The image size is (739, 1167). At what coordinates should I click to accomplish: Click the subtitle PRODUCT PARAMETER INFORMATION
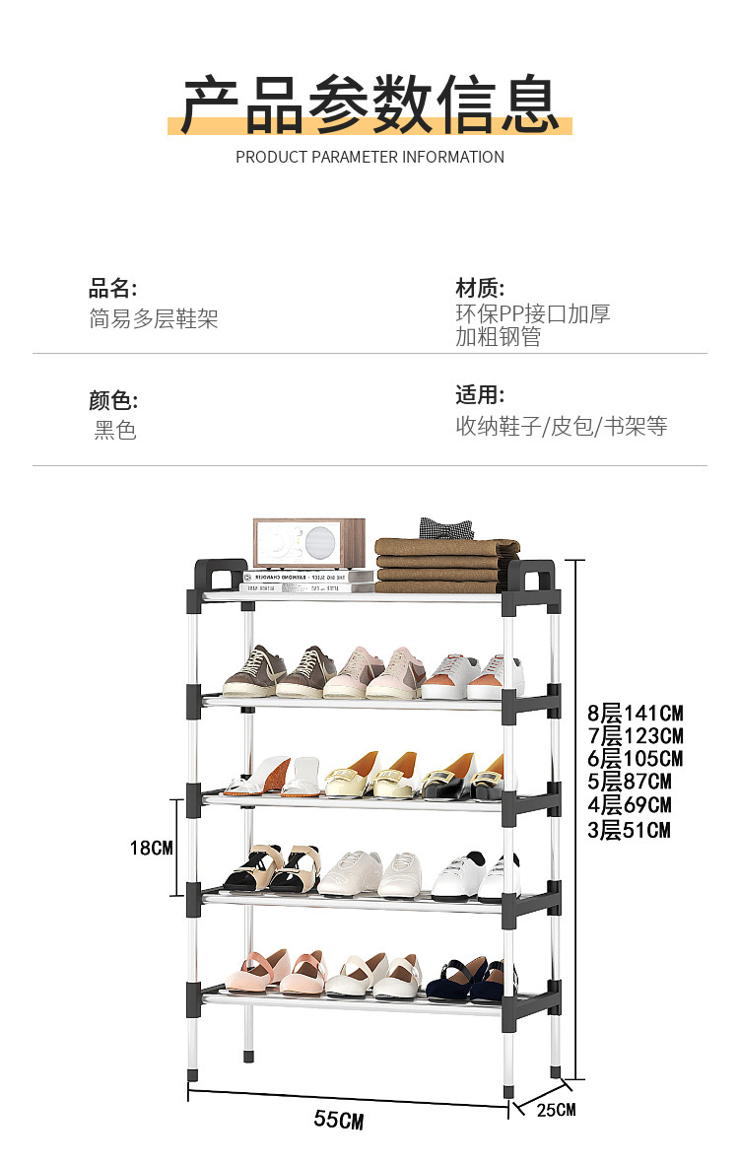(x=369, y=157)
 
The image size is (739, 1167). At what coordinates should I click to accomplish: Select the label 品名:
(x=113, y=289)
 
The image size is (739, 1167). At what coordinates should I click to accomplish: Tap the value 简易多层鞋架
(x=154, y=319)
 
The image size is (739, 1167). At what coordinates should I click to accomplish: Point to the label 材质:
(x=480, y=288)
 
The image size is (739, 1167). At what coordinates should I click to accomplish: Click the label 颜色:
(x=113, y=400)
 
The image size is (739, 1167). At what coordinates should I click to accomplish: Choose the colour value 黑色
(x=115, y=431)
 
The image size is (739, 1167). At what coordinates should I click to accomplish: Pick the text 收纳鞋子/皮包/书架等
(x=562, y=426)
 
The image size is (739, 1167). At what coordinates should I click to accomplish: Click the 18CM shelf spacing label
(x=152, y=848)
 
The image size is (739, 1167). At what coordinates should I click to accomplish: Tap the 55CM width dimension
(x=339, y=1120)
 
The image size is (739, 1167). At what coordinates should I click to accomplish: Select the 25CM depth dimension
(x=556, y=1111)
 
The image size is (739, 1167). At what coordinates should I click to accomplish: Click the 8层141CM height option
(x=635, y=713)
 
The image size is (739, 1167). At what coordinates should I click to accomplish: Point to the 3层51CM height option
(x=629, y=830)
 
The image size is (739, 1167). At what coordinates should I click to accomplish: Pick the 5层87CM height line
(x=629, y=783)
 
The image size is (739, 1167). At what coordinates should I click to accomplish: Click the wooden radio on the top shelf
(x=308, y=543)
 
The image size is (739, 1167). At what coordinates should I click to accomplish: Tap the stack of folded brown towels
(x=446, y=565)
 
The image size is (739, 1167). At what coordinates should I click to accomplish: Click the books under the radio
(x=307, y=582)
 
